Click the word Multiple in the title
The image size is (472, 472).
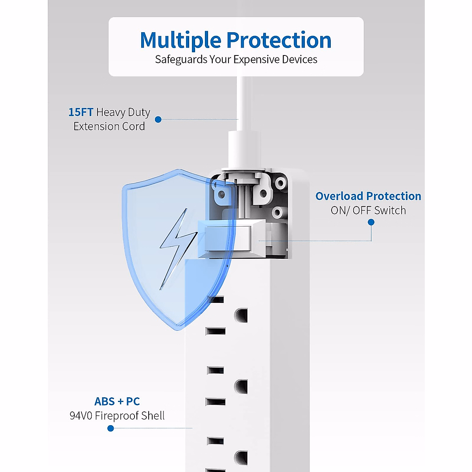pos(181,41)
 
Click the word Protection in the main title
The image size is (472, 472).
pos(279,41)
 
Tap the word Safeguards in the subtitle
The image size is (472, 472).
pos(181,59)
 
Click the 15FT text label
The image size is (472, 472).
pos(81,112)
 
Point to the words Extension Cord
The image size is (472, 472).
pos(109,126)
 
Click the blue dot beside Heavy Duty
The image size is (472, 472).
pos(158,119)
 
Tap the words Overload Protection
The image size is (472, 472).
pos(368,196)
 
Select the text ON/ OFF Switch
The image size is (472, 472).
pos(368,210)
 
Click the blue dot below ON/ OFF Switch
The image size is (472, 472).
pos(371,222)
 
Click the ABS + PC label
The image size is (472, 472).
pos(117,401)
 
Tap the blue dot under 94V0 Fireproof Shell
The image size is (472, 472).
pos(111,428)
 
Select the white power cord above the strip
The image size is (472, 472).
pos(244,102)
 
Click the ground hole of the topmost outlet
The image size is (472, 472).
pos(241,315)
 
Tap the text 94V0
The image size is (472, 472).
pos(81,416)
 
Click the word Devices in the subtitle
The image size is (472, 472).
pos(302,59)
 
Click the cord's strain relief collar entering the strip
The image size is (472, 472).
pos(244,149)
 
